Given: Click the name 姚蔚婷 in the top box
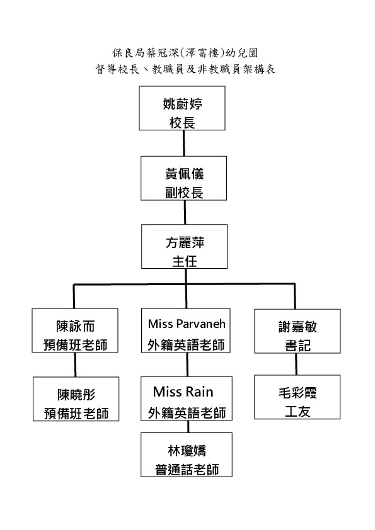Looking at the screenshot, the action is [x=182, y=104].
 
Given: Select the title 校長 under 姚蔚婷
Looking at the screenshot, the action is [x=182, y=123].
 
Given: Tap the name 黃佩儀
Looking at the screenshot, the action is [x=184, y=174].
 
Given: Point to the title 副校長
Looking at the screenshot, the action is [x=184, y=193].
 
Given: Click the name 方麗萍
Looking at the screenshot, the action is [x=185, y=242].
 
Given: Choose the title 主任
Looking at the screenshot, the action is [x=185, y=261].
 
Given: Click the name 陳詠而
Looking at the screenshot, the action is [x=75, y=326].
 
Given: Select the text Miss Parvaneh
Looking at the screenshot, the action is [x=187, y=324].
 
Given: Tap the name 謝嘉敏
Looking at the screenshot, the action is [x=297, y=327].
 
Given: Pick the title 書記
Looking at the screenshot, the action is [x=297, y=346].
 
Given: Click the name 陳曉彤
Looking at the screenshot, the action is [x=76, y=395].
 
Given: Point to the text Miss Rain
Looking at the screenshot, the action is [x=183, y=392].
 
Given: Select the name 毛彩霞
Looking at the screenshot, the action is [x=297, y=393].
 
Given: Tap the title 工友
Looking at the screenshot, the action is [x=297, y=412].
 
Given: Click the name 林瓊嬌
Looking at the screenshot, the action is [x=187, y=451].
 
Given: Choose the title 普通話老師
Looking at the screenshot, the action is [x=187, y=470].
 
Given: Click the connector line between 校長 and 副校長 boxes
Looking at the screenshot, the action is [x=184, y=144].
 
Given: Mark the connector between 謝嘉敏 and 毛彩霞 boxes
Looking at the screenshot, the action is [x=296, y=364].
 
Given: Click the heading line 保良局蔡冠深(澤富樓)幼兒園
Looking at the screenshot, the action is [x=185, y=53].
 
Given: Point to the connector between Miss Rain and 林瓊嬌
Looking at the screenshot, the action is [x=188, y=427].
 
